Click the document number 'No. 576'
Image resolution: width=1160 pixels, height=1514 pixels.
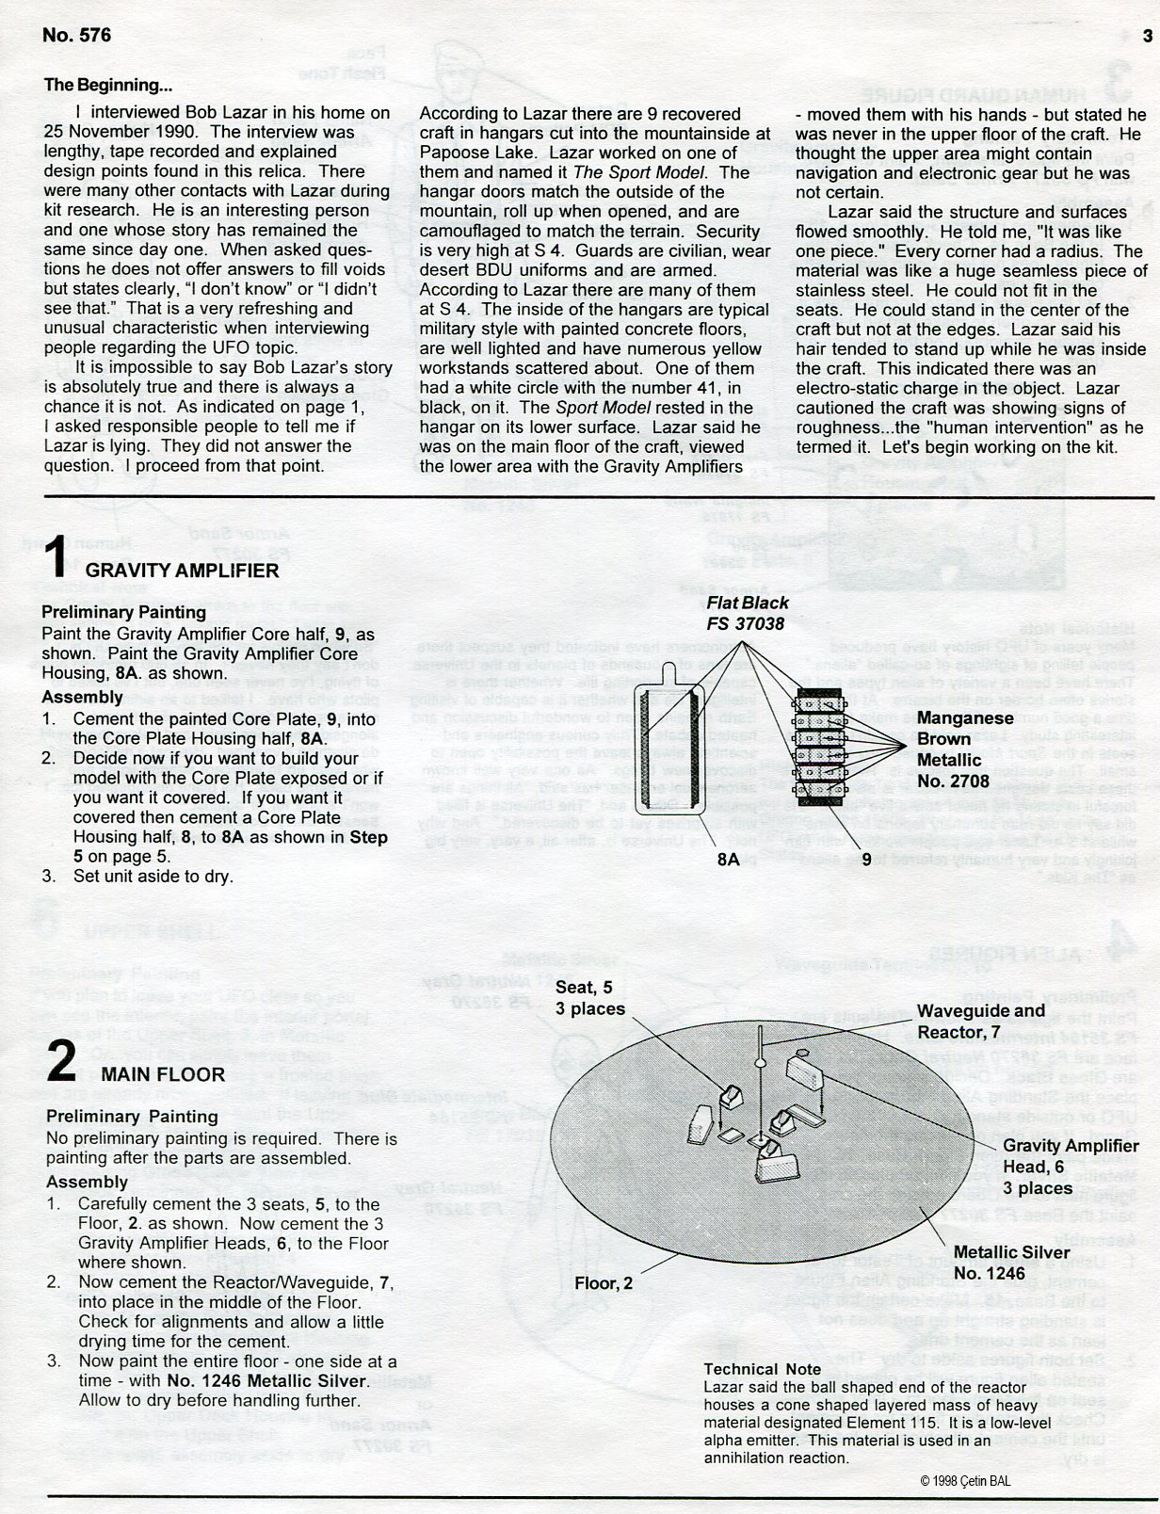[x=76, y=36]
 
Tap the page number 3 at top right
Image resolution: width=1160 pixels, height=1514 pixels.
[x=1147, y=37]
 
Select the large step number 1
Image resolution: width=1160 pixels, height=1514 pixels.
[x=56, y=557]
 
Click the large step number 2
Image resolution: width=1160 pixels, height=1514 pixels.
[x=61, y=1063]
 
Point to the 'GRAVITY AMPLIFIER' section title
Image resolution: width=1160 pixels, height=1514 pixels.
[x=183, y=571]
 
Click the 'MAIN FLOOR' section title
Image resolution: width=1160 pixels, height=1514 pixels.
[x=163, y=1074]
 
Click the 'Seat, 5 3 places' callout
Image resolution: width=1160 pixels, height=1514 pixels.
[x=589, y=997]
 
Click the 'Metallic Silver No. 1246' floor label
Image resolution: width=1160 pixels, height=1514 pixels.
[x=1011, y=1263]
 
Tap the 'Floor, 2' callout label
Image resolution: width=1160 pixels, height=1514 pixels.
[x=604, y=1282]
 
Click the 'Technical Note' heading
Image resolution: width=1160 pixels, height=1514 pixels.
[x=763, y=1369]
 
